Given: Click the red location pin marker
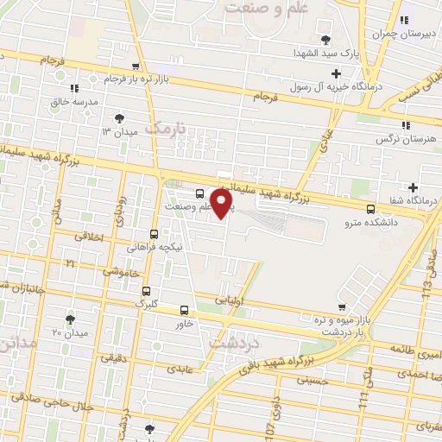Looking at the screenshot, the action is (x=222, y=203).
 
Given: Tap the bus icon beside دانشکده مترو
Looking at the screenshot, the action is (x=371, y=208).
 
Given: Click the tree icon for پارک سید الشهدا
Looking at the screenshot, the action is (x=325, y=40).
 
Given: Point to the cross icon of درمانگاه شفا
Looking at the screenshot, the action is (x=414, y=187).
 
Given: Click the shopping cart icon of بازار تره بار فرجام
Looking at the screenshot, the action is (x=135, y=66).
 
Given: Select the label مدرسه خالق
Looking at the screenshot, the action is (x=74, y=103).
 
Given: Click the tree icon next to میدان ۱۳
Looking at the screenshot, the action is (x=118, y=117).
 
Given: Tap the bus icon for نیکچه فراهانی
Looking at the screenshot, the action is (x=154, y=233).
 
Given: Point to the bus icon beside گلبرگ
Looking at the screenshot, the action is (x=145, y=291).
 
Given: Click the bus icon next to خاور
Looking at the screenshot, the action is (x=184, y=310).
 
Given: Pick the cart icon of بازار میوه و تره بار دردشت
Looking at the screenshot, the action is (x=343, y=307).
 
